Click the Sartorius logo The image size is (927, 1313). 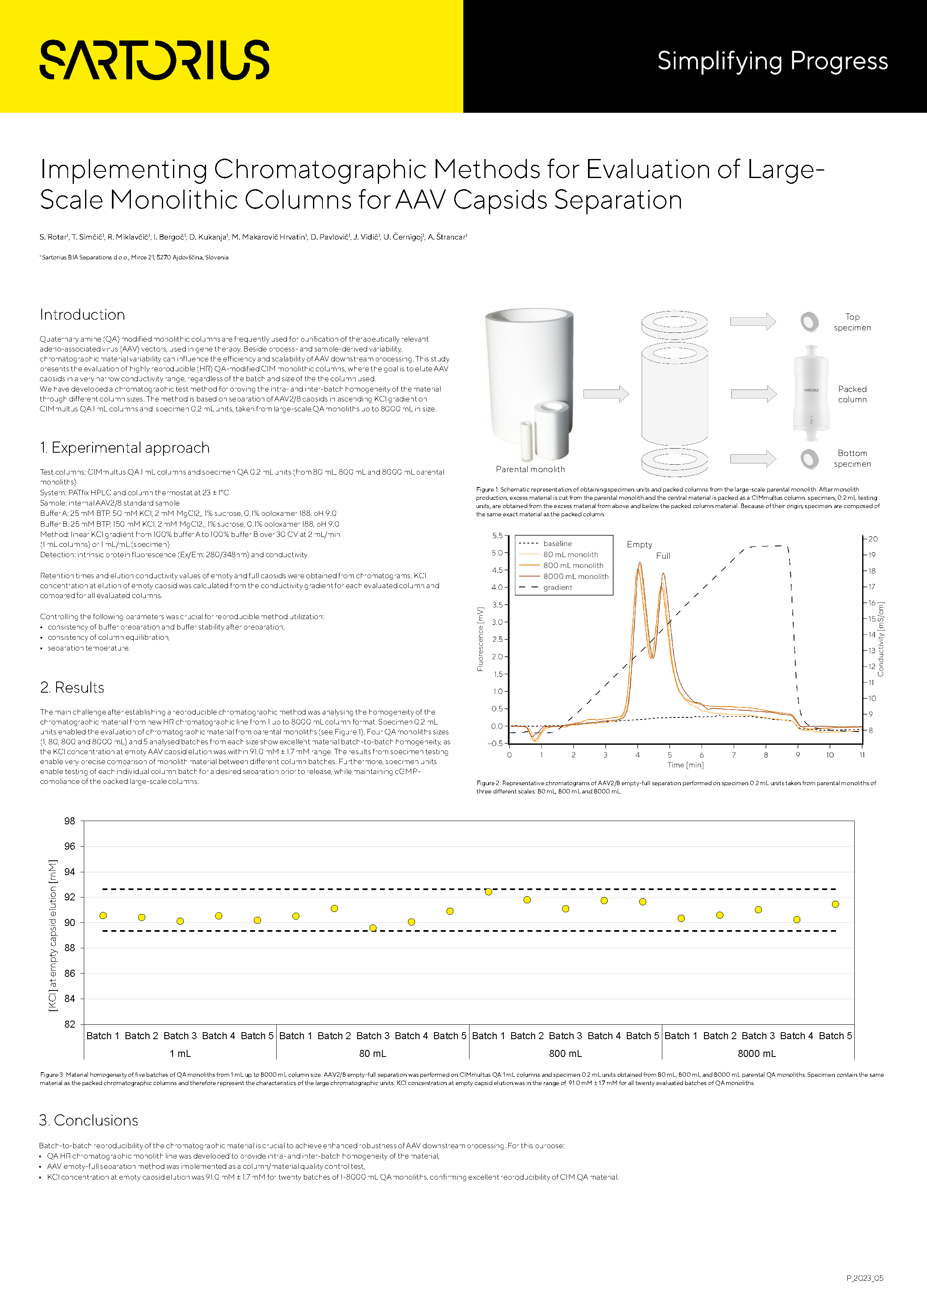154,59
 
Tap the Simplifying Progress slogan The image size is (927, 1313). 772,61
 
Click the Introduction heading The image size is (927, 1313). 82,315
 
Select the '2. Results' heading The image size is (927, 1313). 72,687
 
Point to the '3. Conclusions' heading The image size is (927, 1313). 89,1120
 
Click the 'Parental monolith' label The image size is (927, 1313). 530,469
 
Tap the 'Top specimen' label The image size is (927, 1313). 852,322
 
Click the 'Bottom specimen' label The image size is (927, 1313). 852,458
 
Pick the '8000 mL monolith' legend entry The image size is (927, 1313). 575,577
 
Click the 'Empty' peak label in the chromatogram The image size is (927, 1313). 639,544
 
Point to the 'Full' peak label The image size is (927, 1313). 663,556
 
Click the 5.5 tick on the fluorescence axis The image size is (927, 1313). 497,536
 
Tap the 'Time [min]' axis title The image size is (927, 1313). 685,765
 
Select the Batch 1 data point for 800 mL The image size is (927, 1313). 488,892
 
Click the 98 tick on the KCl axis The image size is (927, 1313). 70,821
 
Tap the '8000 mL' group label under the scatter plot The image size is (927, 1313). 756,1053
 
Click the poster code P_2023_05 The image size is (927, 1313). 865,1277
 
